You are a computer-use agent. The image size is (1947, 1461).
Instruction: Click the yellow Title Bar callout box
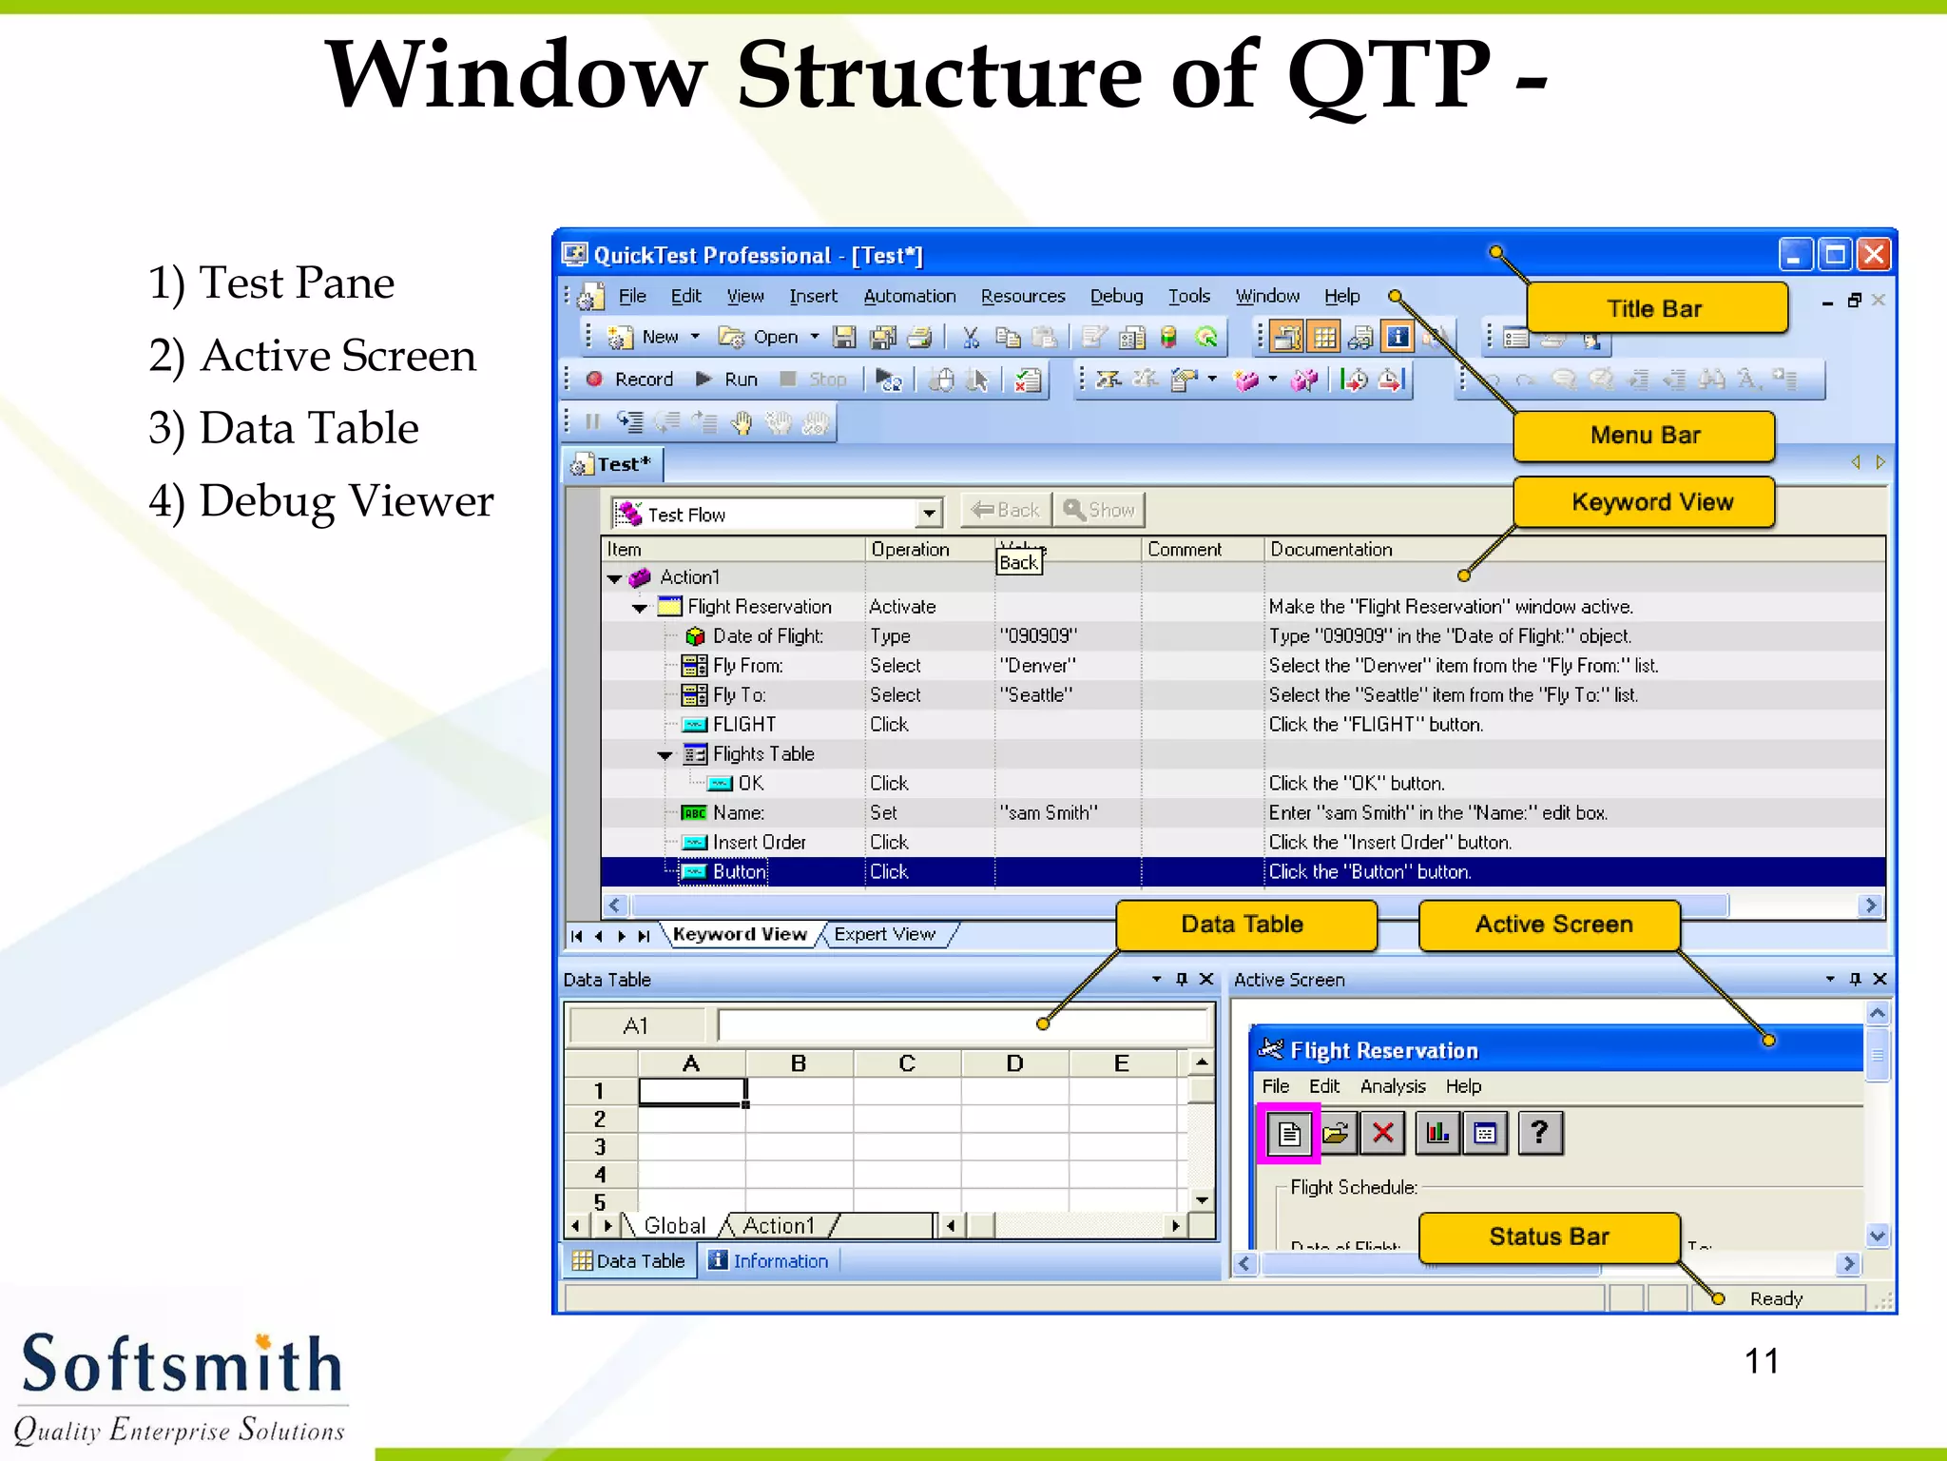tap(1655, 308)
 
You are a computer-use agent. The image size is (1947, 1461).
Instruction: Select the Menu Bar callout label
tap(1645, 436)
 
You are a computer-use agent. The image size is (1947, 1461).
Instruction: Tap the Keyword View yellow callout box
tap(1651, 502)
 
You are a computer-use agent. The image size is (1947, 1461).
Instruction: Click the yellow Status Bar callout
tap(1549, 1237)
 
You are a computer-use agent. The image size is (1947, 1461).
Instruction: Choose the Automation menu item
tap(909, 296)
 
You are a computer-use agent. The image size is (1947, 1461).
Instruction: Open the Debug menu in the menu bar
tap(1116, 296)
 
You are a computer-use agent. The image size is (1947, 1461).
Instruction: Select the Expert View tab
tap(884, 934)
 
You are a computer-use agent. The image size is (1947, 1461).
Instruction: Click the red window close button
tap(1874, 255)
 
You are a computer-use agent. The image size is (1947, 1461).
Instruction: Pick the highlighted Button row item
tap(739, 871)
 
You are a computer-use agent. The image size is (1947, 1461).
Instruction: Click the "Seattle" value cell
tap(1035, 695)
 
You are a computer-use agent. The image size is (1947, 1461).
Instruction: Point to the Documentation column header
tap(1331, 549)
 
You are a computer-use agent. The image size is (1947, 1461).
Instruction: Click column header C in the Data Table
tap(906, 1063)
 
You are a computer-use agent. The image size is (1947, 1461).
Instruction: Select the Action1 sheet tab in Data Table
tap(779, 1225)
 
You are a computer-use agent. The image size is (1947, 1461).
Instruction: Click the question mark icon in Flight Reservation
tap(1540, 1133)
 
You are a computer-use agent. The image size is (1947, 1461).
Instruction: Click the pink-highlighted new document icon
tap(1288, 1133)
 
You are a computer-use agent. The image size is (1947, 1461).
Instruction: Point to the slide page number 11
tap(1761, 1361)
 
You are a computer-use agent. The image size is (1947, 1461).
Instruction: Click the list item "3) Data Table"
tap(283, 428)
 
